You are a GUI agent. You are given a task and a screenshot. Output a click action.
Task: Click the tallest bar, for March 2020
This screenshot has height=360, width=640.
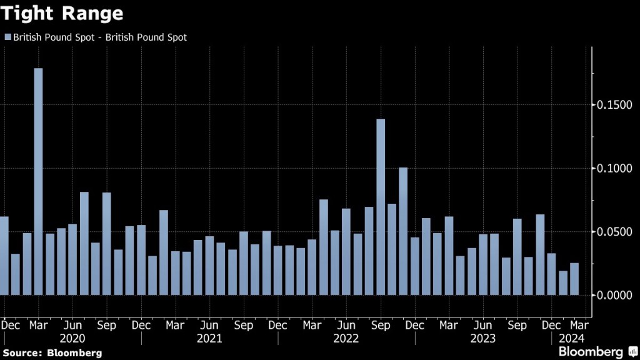[x=38, y=181]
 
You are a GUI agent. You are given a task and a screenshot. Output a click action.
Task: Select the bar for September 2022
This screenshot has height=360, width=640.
[x=381, y=207]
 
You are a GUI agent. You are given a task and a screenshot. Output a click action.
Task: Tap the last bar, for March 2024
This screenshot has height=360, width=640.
[x=574, y=279]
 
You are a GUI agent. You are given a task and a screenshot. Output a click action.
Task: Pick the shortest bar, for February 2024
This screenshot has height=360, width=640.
[x=563, y=282]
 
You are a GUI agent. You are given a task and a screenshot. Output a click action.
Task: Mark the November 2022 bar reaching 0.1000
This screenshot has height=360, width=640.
[x=403, y=231]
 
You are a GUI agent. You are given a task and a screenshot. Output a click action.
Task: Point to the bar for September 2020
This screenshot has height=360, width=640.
[x=107, y=244]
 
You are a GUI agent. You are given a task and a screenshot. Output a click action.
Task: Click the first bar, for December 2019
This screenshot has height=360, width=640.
[x=4, y=256]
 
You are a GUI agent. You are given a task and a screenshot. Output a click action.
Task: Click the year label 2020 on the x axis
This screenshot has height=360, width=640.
[x=72, y=339]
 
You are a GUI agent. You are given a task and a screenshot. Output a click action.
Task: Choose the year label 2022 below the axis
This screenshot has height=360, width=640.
[x=346, y=339]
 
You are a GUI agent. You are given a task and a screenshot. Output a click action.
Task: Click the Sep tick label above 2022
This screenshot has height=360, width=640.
[x=380, y=326]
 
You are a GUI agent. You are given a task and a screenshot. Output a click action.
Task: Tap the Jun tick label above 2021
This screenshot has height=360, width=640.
[x=209, y=326]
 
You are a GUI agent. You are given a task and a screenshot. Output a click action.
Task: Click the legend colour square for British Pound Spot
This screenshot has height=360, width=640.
[x=7, y=37]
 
